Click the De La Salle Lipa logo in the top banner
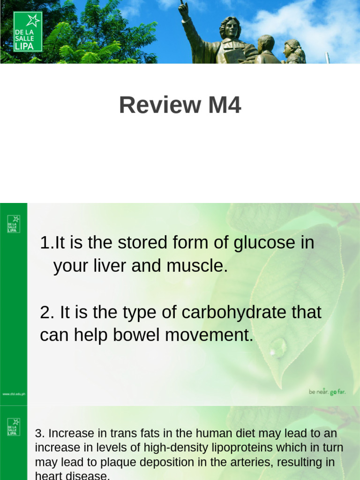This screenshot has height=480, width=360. (x=28, y=31)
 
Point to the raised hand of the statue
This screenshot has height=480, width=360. (x=182, y=7)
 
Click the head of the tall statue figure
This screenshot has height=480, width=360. (x=231, y=27)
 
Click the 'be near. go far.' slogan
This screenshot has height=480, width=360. (x=327, y=392)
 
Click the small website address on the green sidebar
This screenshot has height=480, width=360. (x=14, y=394)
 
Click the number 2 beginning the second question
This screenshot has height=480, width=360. (x=45, y=312)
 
